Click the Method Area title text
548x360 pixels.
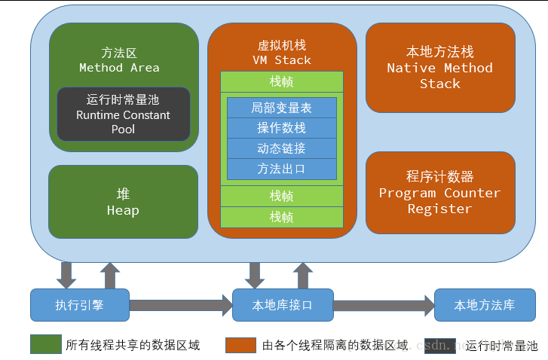(119, 60)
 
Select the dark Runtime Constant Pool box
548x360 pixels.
(124, 114)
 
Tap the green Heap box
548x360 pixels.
(123, 202)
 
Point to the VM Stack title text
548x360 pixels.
(282, 53)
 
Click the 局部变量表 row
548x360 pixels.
(282, 108)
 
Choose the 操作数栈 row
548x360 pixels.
(282, 128)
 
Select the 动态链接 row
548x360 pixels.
(282, 148)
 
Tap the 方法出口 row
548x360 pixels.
(282, 169)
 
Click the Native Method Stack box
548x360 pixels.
(440, 68)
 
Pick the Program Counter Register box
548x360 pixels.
(440, 193)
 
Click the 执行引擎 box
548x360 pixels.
(80, 305)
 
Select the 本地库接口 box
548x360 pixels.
(282, 305)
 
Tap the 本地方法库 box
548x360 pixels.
(484, 305)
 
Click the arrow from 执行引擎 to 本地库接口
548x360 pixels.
(181, 305)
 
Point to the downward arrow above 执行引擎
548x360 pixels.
(67, 275)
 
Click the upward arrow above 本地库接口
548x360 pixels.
(303, 276)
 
